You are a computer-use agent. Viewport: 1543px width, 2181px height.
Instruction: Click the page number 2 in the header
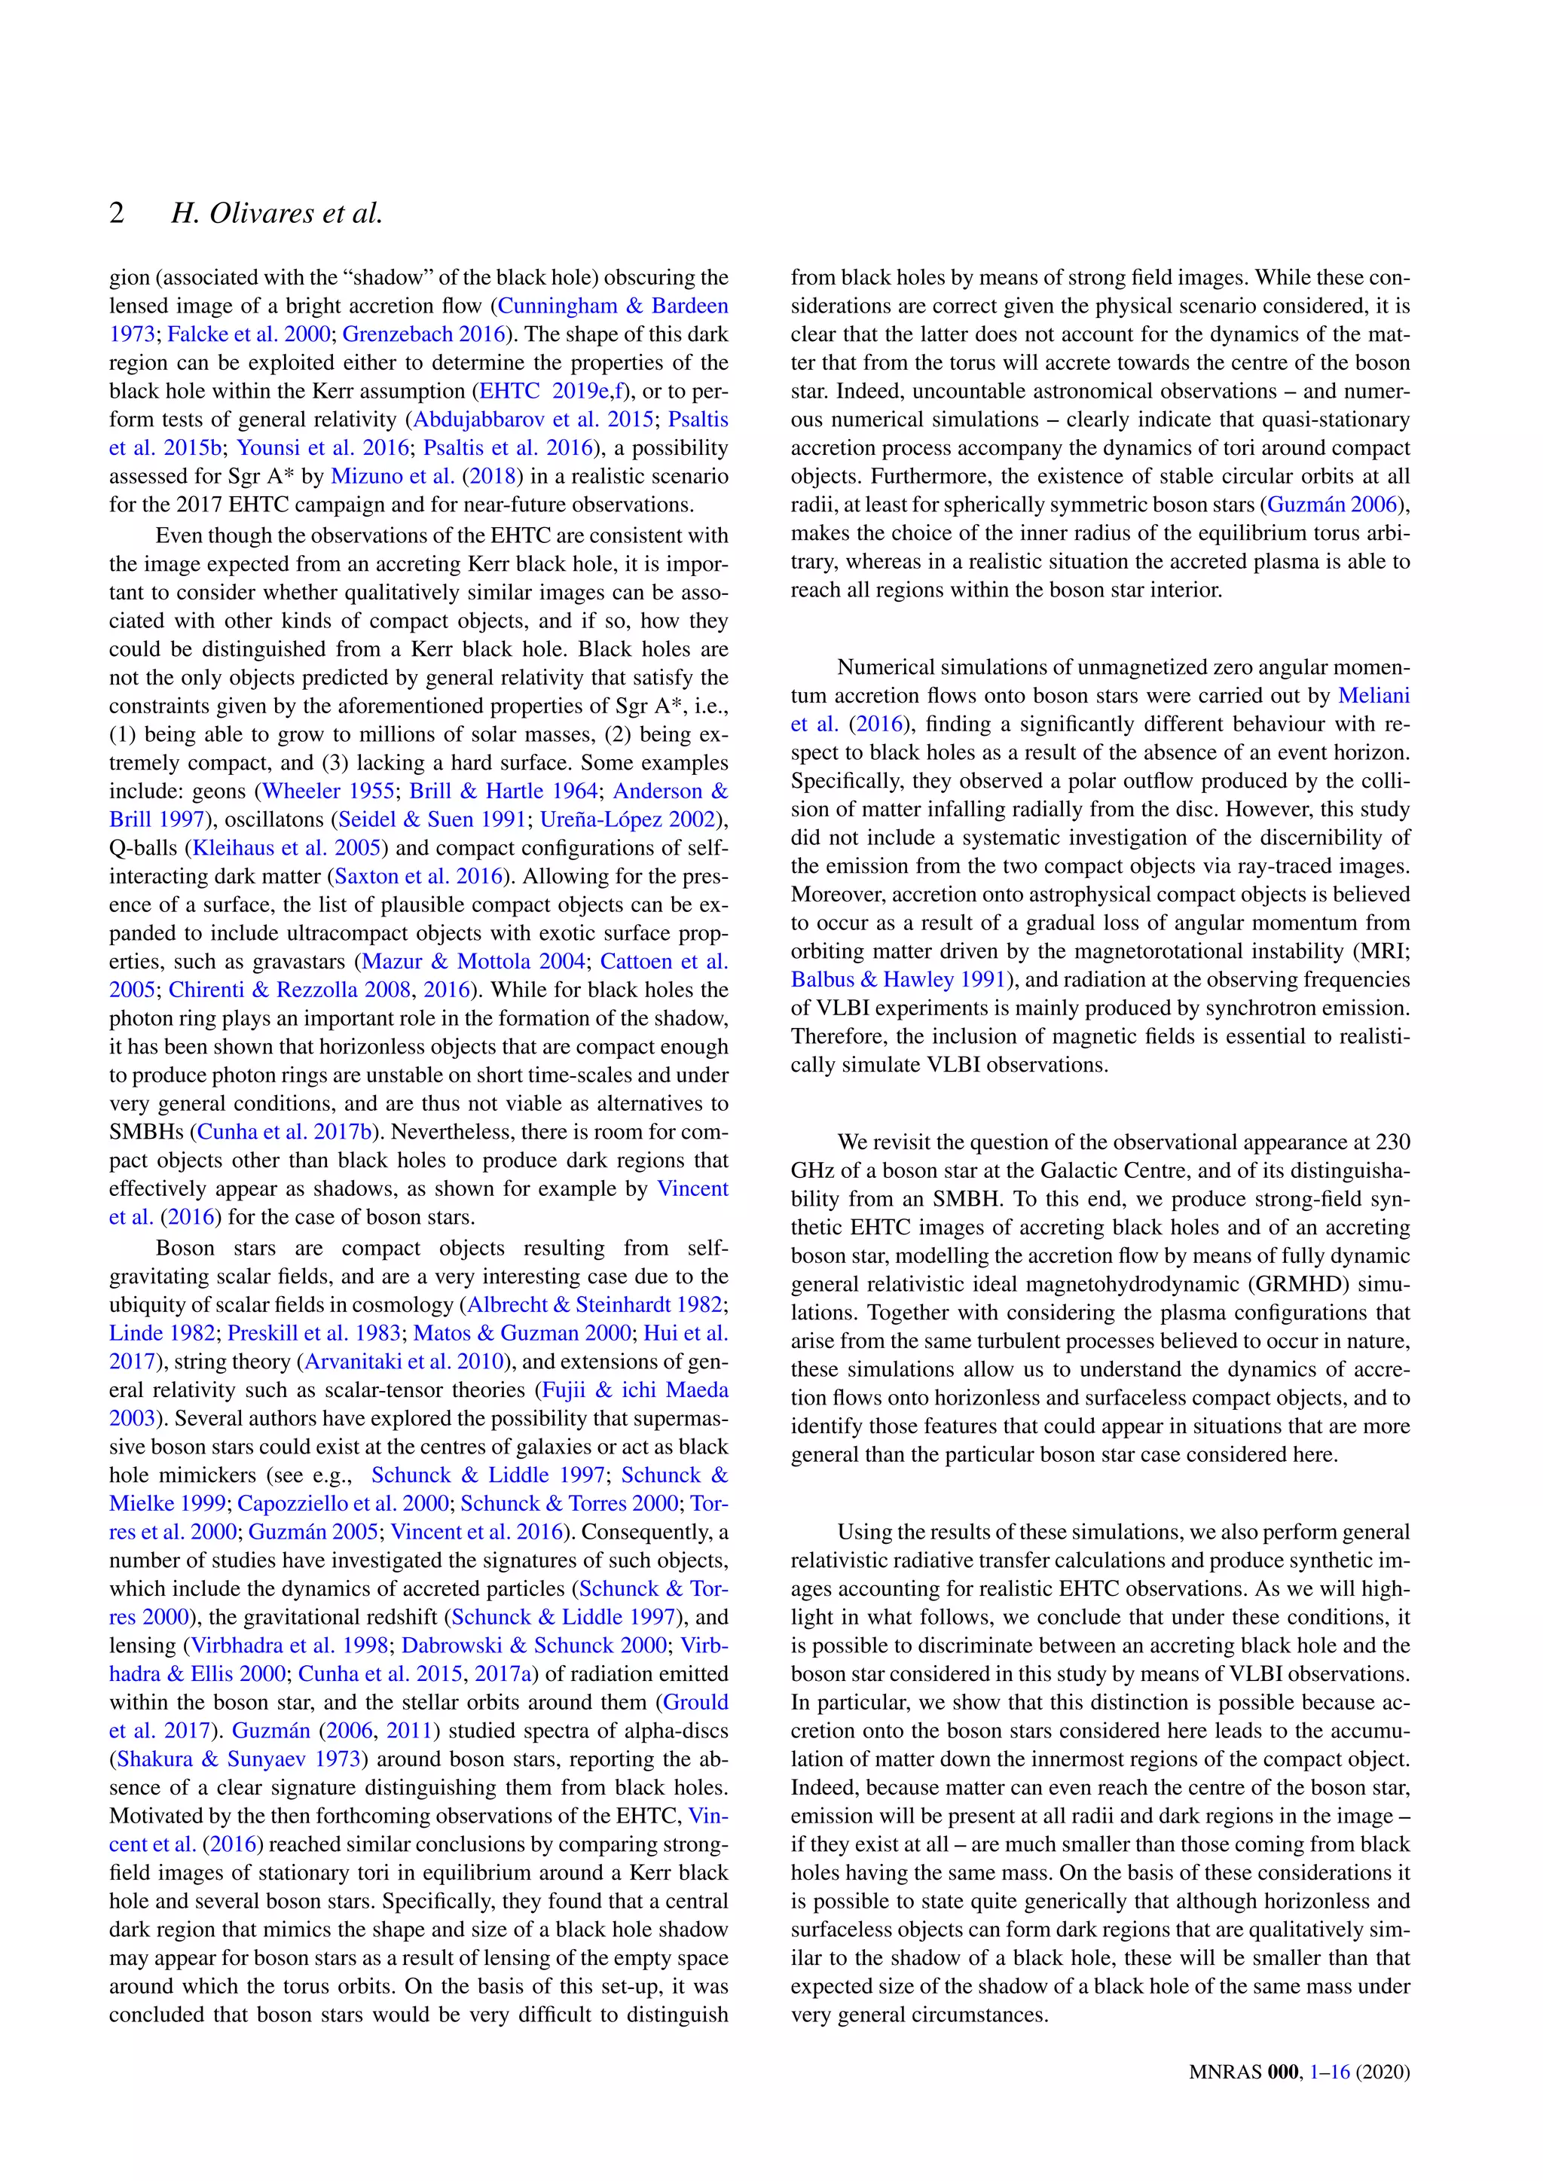click(x=117, y=213)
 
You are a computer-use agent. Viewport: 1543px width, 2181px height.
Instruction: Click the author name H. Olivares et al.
click(x=277, y=213)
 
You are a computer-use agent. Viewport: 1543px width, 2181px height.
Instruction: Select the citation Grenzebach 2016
click(x=423, y=334)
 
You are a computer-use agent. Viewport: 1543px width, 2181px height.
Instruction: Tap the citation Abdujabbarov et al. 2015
click(x=532, y=420)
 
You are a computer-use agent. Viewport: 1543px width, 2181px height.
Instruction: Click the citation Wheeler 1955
click(x=328, y=792)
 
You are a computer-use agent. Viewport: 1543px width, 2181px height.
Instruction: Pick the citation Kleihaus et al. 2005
click(x=287, y=848)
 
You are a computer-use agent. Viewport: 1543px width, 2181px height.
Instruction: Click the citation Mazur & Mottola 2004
click(x=473, y=961)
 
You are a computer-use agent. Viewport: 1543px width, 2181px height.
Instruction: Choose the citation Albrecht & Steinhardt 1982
click(x=594, y=1305)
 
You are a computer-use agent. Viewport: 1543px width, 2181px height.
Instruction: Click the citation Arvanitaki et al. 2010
click(x=403, y=1362)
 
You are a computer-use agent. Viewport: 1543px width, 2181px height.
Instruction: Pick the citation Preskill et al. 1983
click(x=314, y=1334)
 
